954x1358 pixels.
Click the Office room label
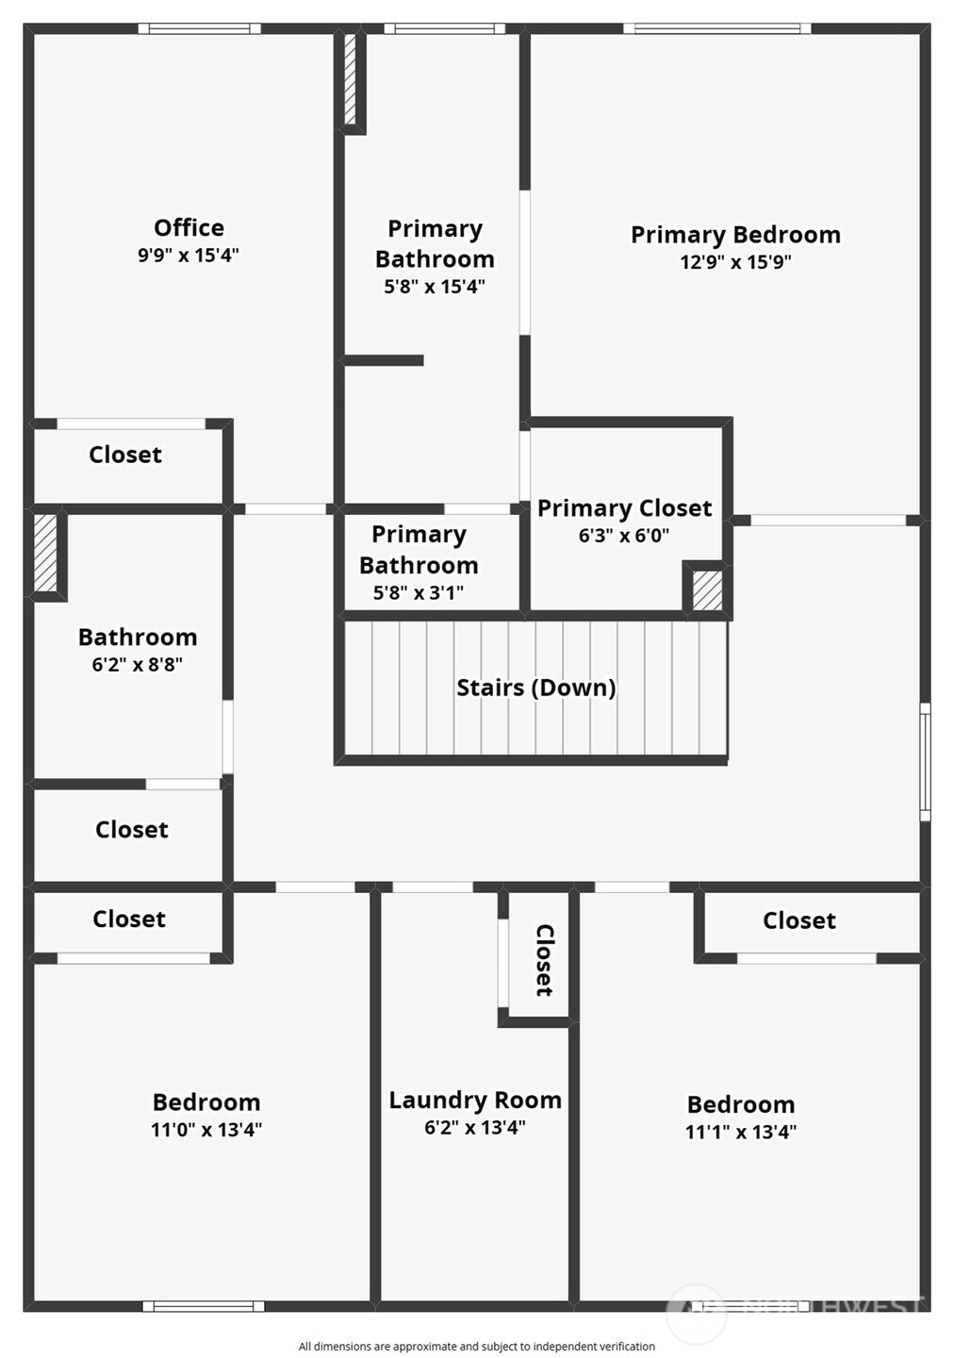click(189, 228)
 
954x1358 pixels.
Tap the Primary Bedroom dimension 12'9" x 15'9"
click(735, 262)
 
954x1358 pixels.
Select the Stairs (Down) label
click(535, 687)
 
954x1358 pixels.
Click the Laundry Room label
click(475, 1101)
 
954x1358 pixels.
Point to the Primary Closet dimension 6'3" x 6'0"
click(624, 536)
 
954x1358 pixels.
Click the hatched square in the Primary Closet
click(707, 590)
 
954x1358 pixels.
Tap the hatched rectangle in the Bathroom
click(45, 553)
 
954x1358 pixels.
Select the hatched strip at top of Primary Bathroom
click(351, 79)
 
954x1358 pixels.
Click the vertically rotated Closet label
click(544, 960)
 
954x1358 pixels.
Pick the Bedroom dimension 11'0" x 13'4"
click(206, 1130)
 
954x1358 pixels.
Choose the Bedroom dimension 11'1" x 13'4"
click(741, 1132)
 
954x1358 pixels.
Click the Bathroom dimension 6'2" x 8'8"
click(138, 665)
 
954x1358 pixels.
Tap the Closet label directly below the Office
click(125, 455)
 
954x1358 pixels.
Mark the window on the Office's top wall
click(200, 28)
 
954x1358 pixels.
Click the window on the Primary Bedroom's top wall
click(717, 28)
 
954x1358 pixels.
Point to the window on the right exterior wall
click(926, 762)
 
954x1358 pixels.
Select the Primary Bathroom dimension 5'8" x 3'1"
click(419, 593)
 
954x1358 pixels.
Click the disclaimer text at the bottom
click(477, 1347)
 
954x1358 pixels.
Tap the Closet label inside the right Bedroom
click(799, 921)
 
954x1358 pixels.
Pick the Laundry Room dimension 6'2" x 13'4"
click(475, 1128)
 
